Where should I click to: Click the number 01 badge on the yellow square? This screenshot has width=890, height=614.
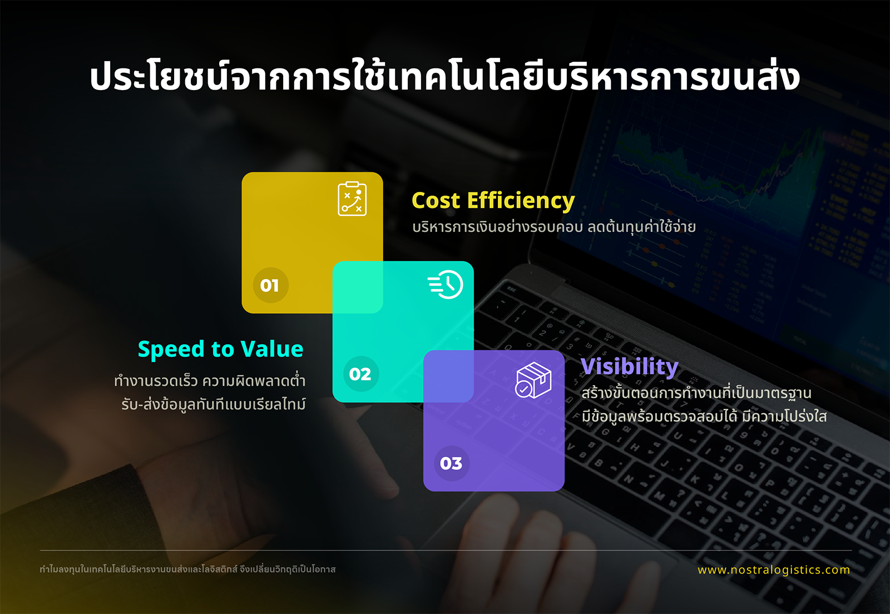point(271,285)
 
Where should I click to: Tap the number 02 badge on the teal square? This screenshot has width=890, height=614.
point(361,374)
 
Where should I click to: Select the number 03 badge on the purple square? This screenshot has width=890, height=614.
point(452,463)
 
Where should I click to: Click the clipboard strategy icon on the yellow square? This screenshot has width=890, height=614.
point(352,199)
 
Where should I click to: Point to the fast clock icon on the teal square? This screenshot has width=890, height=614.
point(446,284)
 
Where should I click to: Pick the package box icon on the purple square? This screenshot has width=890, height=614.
point(533,380)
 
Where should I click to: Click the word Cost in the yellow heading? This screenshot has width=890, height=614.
point(436,200)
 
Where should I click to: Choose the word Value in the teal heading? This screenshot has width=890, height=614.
point(272,349)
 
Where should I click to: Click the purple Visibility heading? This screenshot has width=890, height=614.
point(629,367)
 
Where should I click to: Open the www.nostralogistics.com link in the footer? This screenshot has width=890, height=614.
point(774,570)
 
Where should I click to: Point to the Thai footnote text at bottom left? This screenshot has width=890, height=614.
point(187,569)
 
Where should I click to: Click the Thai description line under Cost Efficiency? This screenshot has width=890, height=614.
point(554,227)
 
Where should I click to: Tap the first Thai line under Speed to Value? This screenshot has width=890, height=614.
point(210,380)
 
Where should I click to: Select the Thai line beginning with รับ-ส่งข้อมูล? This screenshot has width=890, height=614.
point(214,404)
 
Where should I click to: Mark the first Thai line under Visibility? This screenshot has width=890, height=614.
point(696,393)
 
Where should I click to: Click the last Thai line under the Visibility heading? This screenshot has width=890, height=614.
point(704,416)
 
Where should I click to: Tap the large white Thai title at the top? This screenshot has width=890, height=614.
point(444,76)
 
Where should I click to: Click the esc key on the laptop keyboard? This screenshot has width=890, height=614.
point(511,289)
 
